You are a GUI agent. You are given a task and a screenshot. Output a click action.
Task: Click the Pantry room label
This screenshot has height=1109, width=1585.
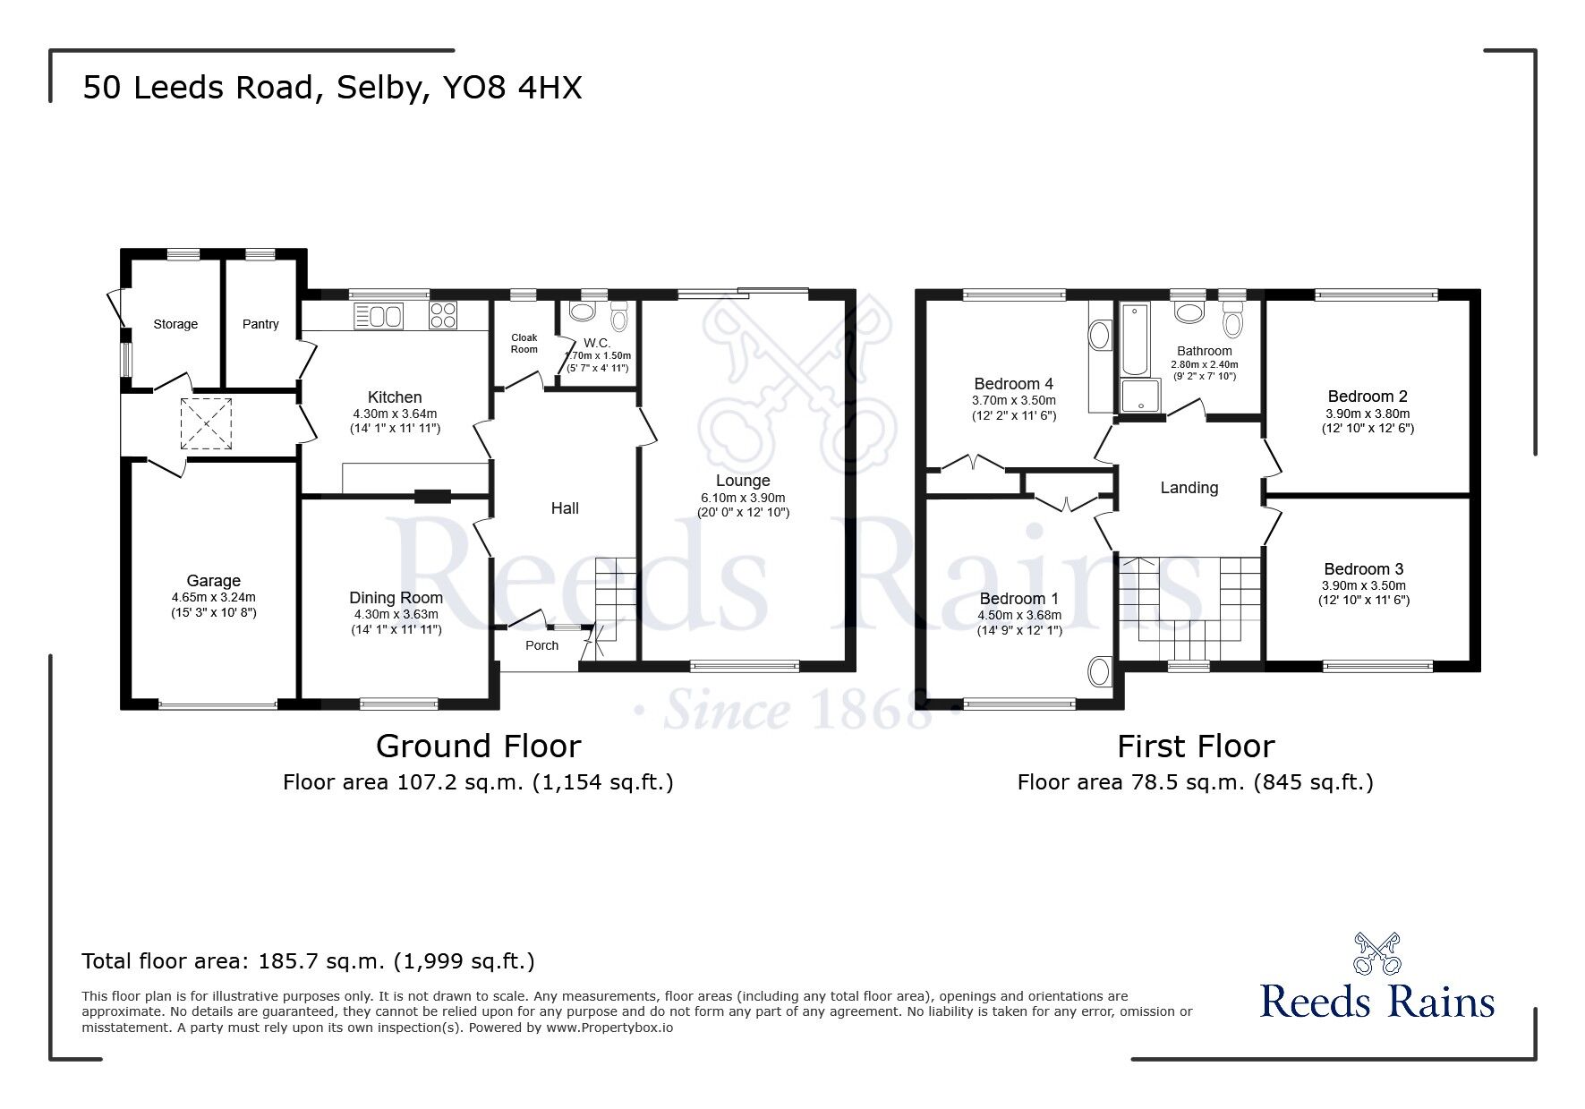point(260,324)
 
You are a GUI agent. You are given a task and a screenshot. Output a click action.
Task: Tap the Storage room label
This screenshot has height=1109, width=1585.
point(175,324)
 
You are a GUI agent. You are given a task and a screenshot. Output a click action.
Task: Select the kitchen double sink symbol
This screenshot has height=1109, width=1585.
point(379,316)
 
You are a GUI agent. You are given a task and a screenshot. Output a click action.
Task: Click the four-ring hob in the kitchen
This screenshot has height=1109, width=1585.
point(443,315)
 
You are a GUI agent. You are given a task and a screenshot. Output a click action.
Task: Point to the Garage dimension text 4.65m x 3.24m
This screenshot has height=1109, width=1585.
point(213,597)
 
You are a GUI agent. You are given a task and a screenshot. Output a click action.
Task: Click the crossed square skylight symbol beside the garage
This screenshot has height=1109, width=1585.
point(206,423)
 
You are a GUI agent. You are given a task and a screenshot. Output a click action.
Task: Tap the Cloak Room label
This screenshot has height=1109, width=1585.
point(524,344)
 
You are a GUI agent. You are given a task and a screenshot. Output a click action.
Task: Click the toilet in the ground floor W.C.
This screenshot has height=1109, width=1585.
point(619,318)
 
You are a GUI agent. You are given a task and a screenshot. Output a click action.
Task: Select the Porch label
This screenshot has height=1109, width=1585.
point(541,645)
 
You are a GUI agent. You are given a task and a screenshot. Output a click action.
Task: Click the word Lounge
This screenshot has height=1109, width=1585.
point(742,481)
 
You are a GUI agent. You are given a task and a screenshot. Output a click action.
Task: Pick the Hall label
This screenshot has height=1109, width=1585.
point(565,508)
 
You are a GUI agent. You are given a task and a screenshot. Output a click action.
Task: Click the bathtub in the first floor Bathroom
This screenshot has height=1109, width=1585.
point(1133,340)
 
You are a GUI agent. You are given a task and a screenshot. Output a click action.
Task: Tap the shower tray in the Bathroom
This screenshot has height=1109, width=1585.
point(1139,397)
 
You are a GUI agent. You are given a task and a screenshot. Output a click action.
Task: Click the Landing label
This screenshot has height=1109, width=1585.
point(1189,488)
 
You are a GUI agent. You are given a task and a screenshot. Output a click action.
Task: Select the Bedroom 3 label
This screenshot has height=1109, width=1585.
point(1363,569)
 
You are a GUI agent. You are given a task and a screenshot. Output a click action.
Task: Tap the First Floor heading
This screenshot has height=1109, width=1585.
point(1195,746)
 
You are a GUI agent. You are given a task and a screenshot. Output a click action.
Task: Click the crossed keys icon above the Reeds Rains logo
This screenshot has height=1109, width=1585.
point(1376,954)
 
